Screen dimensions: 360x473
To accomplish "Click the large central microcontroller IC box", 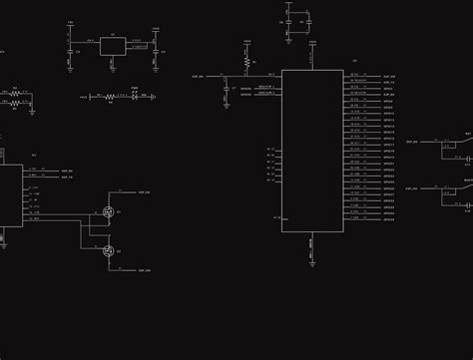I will [x=313, y=150].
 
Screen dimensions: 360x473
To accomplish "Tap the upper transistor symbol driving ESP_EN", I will [x=108, y=211].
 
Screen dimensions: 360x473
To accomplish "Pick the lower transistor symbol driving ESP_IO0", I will [x=108, y=249].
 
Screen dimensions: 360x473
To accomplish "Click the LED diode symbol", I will [x=134, y=97].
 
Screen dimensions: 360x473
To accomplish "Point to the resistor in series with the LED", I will [x=109, y=97].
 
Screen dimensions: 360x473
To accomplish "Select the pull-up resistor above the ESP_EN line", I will [x=245, y=62].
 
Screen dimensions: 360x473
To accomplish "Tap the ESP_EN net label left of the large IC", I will [x=198, y=76].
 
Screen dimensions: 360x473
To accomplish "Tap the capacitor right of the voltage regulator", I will [x=157, y=51].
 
